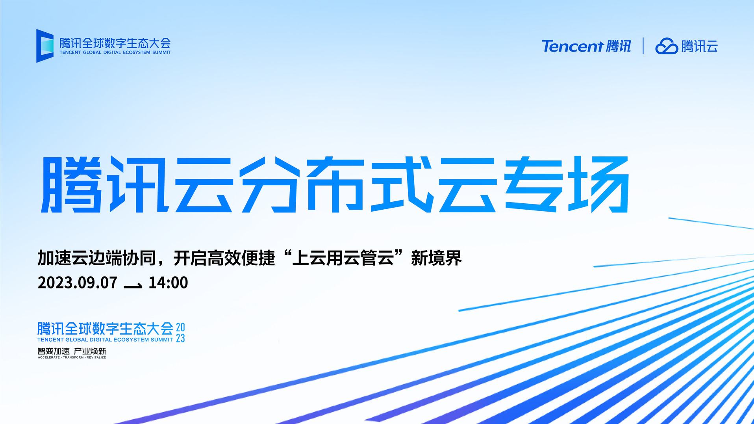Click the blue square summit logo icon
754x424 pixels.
click(45, 46)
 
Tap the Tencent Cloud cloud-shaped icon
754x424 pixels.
click(666, 46)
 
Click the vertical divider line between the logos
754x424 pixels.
click(643, 46)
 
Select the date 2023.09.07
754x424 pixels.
click(78, 283)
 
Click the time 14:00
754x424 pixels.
click(168, 283)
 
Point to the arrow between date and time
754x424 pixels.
click(133, 285)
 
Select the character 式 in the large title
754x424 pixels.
click(402, 184)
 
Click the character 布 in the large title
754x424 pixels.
click(335, 184)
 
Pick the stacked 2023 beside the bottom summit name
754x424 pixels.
click(180, 333)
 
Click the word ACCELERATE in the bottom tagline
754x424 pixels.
click(49, 357)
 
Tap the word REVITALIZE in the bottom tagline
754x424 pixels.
click(96, 357)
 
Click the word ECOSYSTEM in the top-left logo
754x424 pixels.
click(137, 52)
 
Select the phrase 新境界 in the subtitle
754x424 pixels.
click(436, 258)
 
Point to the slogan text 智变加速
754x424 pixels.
click(54, 351)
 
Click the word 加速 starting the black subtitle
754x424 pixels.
click(54, 258)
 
